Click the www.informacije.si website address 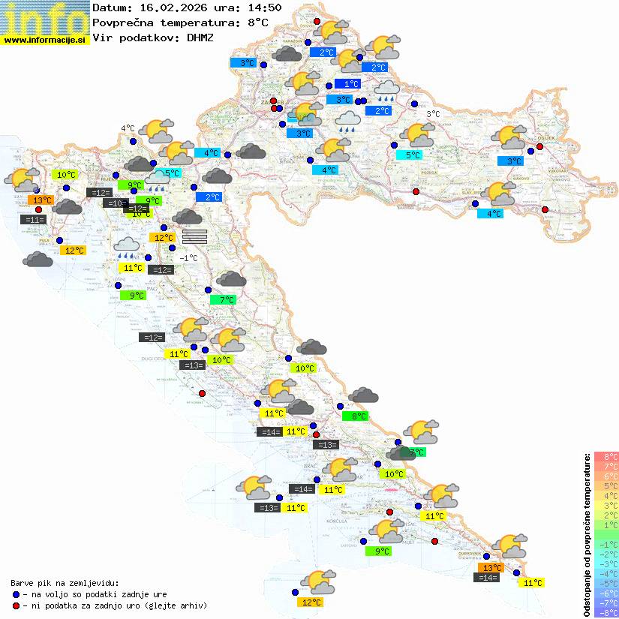coord(45,40)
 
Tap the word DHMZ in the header coord(200,38)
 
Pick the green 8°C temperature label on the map coord(355,416)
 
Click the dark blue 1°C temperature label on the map coord(347,84)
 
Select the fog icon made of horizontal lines coord(194,236)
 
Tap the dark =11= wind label coord(34,220)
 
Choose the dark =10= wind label coord(115,203)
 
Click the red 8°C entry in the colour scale coord(606,457)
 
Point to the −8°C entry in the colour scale coord(606,613)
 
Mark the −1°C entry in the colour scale coord(606,545)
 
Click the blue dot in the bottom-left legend coord(16,593)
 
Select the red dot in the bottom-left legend coord(16,605)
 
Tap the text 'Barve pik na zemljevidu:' coord(65,582)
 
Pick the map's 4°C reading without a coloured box coord(128,128)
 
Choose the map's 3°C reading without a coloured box coord(433,114)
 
